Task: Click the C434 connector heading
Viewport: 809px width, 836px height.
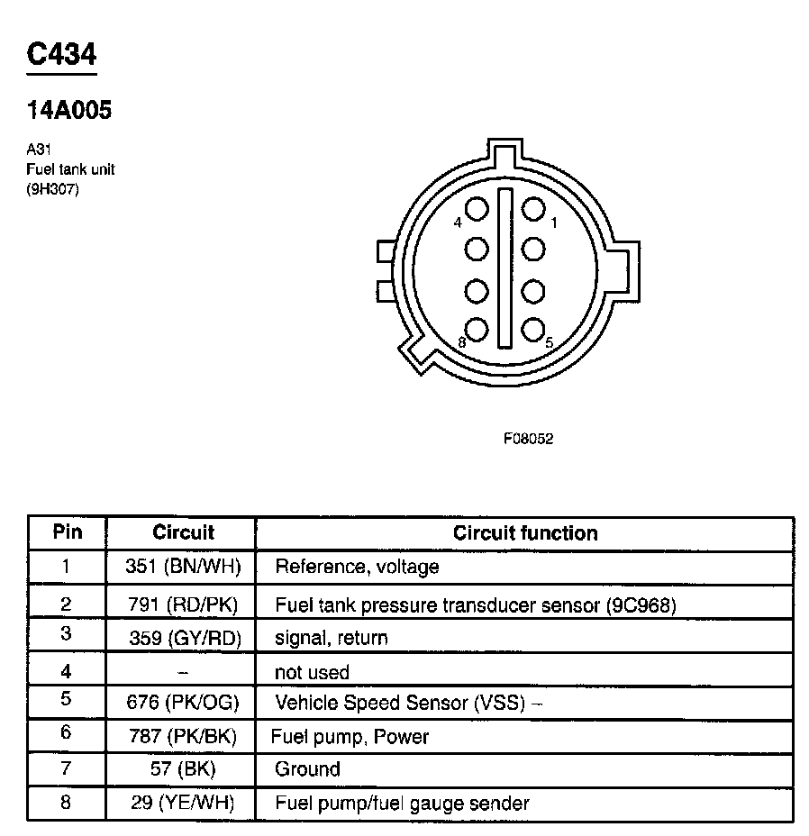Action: pyautogui.click(x=61, y=55)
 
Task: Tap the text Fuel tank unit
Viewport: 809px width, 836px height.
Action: pyautogui.click(x=71, y=169)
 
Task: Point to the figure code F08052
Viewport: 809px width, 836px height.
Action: pyautogui.click(x=528, y=440)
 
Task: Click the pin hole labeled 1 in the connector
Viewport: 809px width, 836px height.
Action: pyautogui.click(x=533, y=209)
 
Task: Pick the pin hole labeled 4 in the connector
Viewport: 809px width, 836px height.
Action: pyautogui.click(x=477, y=209)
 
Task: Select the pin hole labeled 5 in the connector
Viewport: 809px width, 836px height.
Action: pyautogui.click(x=533, y=330)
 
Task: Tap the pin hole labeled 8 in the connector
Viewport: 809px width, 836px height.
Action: pyautogui.click(x=477, y=330)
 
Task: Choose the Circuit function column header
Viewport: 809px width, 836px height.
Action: pyautogui.click(x=525, y=532)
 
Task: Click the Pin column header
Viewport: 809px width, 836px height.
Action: pyautogui.click(x=67, y=532)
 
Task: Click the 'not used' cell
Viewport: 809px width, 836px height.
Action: pyautogui.click(x=312, y=672)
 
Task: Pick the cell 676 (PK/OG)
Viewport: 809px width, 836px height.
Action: pyautogui.click(x=184, y=703)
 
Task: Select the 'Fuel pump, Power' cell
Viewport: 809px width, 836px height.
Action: pyautogui.click(x=350, y=737)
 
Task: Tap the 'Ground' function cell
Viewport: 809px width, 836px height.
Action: pyautogui.click(x=307, y=769)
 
